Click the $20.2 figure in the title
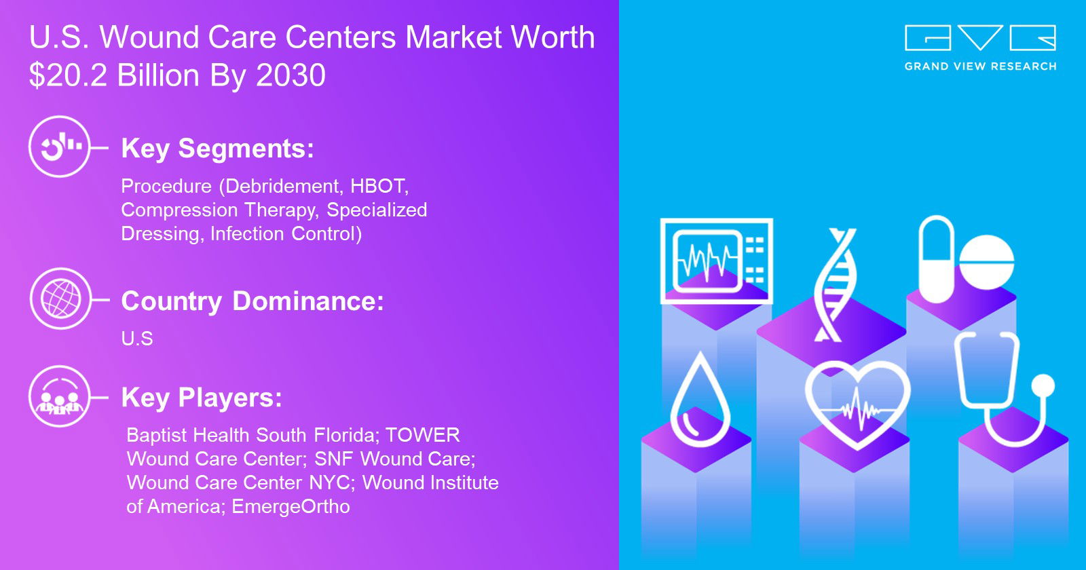point(69,75)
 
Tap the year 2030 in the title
point(291,75)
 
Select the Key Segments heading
point(218,149)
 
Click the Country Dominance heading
point(252,301)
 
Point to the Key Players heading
point(202,398)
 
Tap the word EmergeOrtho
point(291,506)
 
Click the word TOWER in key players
point(423,435)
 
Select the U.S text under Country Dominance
point(137,339)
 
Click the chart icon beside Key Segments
point(60,147)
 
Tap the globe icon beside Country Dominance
point(60,299)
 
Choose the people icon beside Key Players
point(60,396)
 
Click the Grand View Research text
point(980,66)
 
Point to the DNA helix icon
point(835,285)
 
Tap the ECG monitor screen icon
point(717,261)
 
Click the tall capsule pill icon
point(936,259)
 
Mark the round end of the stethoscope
point(1043,386)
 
